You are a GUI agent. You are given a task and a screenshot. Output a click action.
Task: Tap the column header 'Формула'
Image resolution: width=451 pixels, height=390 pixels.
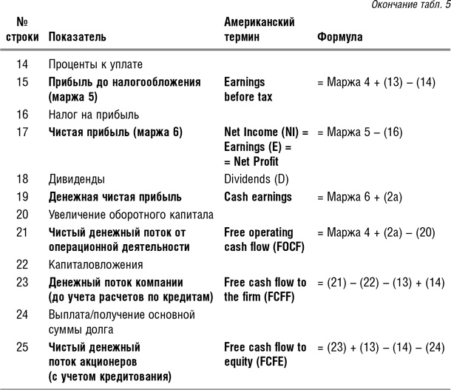pos(339,36)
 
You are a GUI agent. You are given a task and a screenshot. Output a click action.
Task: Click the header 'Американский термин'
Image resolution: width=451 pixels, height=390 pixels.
pos(259,29)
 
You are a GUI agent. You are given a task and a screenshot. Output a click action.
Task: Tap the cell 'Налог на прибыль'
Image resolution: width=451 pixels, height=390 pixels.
pos(93,115)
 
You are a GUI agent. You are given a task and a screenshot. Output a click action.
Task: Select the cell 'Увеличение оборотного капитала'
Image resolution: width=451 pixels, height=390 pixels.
pos(130,215)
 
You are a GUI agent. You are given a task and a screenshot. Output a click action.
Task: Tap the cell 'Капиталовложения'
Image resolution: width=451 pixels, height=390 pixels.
pos(95,264)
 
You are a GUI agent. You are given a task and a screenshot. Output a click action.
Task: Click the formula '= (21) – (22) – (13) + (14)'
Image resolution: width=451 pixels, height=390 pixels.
pos(381,283)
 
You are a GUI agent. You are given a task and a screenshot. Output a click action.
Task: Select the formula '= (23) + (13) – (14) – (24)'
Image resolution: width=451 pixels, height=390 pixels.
pos(381,347)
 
